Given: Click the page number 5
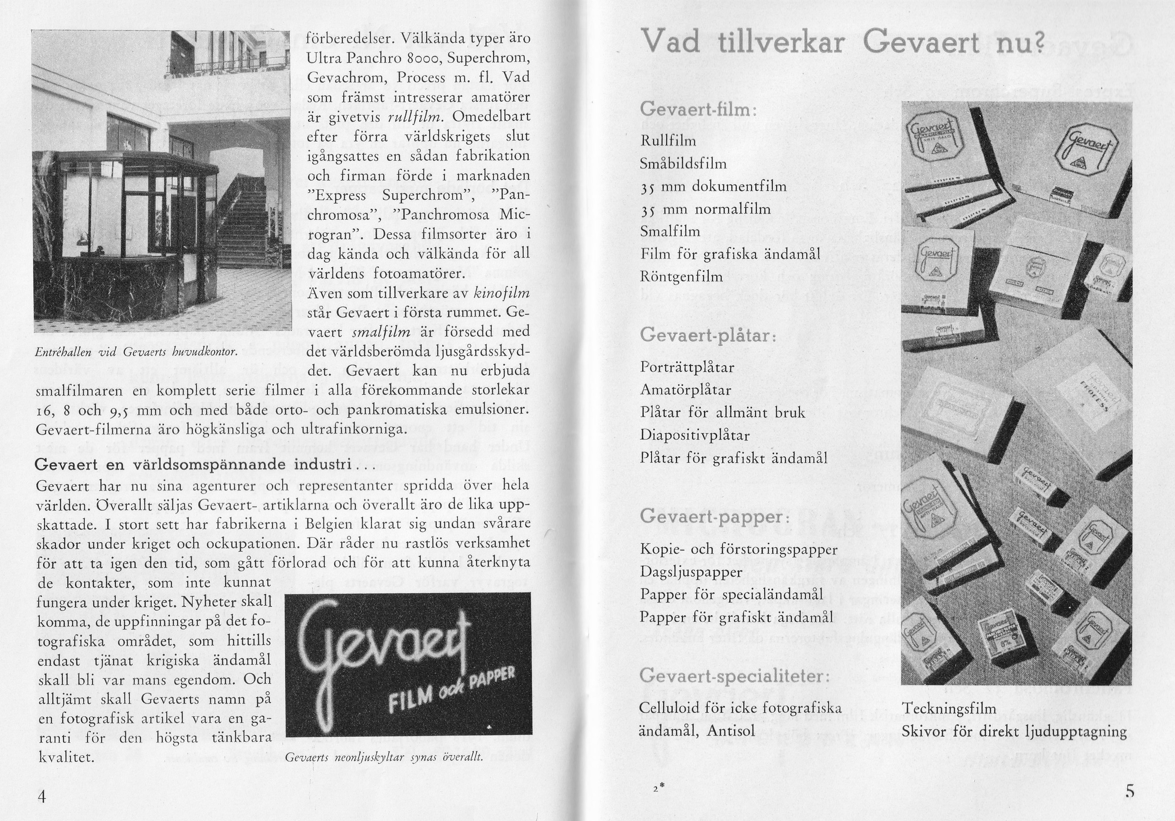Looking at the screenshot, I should point(1130,791).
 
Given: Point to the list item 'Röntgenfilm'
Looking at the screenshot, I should point(681,277).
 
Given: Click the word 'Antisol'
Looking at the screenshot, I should point(731,731).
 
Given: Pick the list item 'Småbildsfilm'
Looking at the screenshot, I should point(683,163).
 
